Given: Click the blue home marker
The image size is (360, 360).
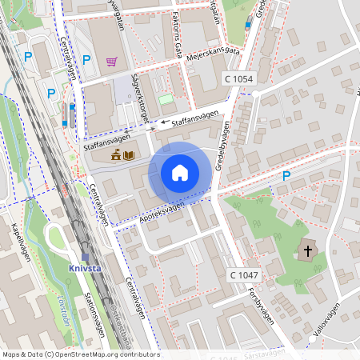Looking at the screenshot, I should (180, 172).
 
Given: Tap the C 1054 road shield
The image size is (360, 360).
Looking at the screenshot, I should (238, 78).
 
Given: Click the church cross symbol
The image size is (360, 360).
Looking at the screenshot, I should (307, 251).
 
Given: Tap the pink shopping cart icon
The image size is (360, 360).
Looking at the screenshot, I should (111, 60).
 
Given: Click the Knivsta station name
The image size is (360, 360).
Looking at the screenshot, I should (85, 269).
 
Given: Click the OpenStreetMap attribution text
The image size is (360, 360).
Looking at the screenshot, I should (81, 354).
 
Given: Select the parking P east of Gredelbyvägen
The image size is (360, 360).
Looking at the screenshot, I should (286, 176).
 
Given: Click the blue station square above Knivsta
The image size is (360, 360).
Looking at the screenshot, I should (85, 257).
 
